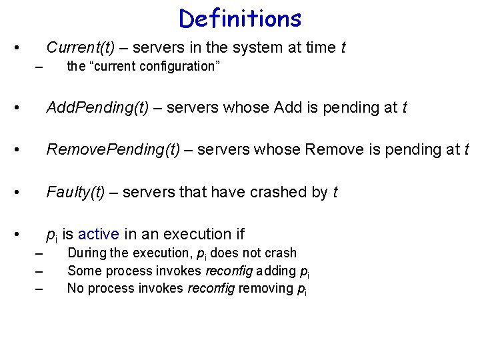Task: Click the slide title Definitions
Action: pyautogui.click(x=240, y=18)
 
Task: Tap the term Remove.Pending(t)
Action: pyautogui.click(x=113, y=149)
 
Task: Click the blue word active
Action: pyautogui.click(x=99, y=234)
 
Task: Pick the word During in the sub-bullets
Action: pyautogui.click(x=87, y=253)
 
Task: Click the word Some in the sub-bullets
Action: pyautogui.click(x=83, y=271)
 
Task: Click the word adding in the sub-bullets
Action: pyautogui.click(x=280, y=271)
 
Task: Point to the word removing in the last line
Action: pyautogui.click(x=267, y=289)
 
